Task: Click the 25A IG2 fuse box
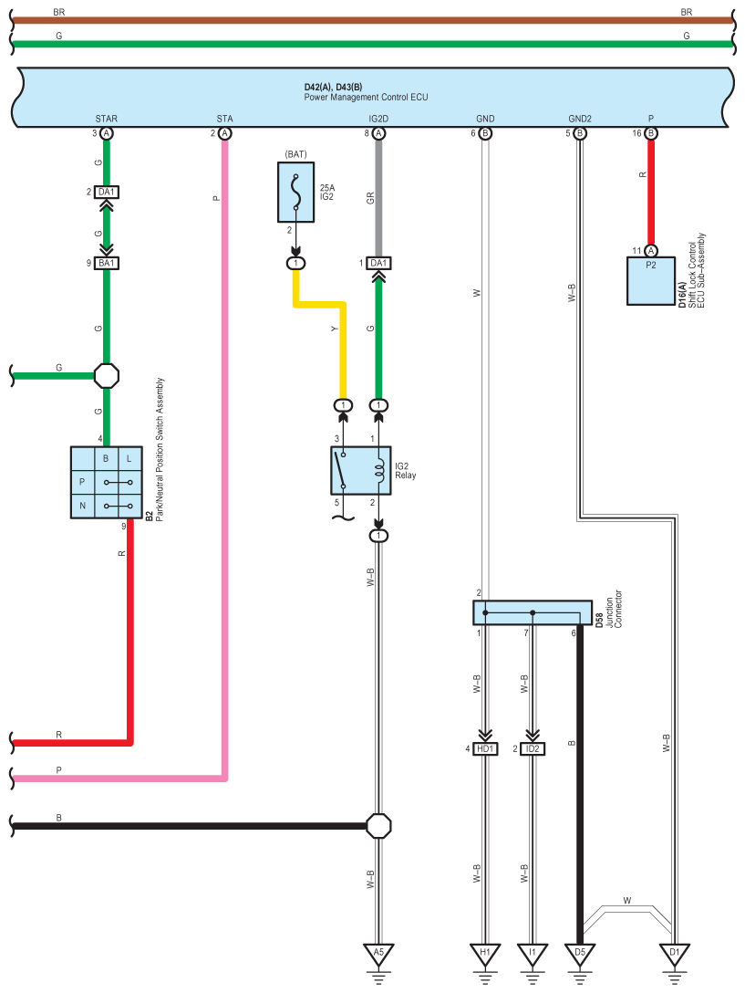point(295,192)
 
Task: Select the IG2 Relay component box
point(361,471)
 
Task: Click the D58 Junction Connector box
point(533,613)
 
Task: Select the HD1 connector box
point(485,748)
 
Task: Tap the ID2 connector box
point(533,748)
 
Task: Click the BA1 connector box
point(107,263)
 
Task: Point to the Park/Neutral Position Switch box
point(107,483)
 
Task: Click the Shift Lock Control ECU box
point(651,281)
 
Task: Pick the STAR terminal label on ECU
point(107,119)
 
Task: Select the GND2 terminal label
point(580,119)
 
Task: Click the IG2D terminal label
point(378,119)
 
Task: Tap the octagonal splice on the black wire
point(378,826)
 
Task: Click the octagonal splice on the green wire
point(107,375)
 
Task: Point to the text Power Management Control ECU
point(366,97)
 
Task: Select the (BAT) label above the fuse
point(295,154)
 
